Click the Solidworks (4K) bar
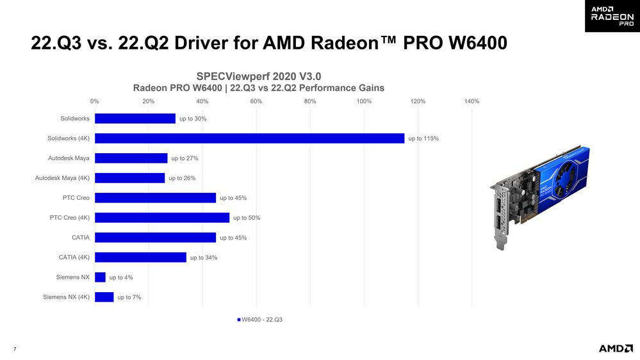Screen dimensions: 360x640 coord(249,138)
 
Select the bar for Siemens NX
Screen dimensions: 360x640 coord(100,277)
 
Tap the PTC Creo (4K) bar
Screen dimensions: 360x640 coord(162,218)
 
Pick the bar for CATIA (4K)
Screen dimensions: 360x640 coord(140,258)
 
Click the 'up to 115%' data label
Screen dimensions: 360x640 coord(423,138)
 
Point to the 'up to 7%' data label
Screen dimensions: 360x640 coord(129,297)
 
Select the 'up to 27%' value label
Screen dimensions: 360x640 coord(185,158)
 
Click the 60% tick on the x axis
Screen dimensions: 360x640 coord(256,101)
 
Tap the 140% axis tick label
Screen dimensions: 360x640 coord(471,101)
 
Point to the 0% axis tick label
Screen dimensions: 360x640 coord(95,101)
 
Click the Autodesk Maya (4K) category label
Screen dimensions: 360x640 coord(62,178)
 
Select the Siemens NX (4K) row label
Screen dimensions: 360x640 coord(67,297)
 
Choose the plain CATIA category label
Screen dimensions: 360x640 coord(80,238)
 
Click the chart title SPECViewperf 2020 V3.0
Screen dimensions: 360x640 coord(258,76)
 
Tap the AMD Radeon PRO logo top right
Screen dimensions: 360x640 coord(612,16)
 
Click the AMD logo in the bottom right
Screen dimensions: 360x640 coord(615,348)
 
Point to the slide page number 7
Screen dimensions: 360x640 coord(15,348)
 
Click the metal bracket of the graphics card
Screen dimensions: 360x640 coord(500,215)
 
